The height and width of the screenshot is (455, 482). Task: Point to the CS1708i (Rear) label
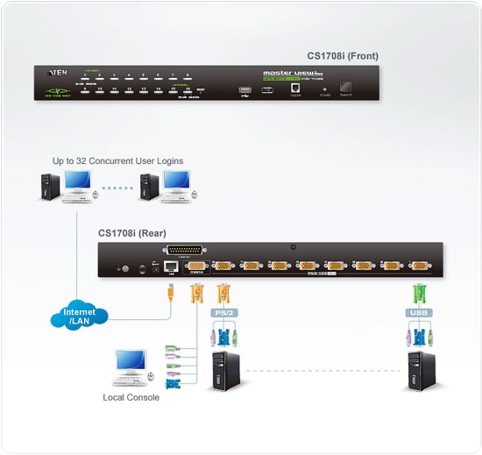[x=131, y=233]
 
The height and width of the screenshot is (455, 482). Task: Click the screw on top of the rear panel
[x=302, y=246]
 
